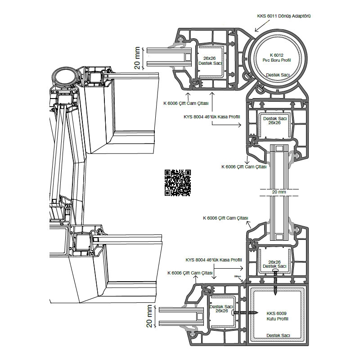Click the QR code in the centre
(x=178, y=182)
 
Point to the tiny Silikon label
(x=238, y=277)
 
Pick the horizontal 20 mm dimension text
(x=279, y=192)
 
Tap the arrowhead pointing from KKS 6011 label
(x=256, y=31)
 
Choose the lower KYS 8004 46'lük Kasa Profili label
(x=214, y=260)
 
